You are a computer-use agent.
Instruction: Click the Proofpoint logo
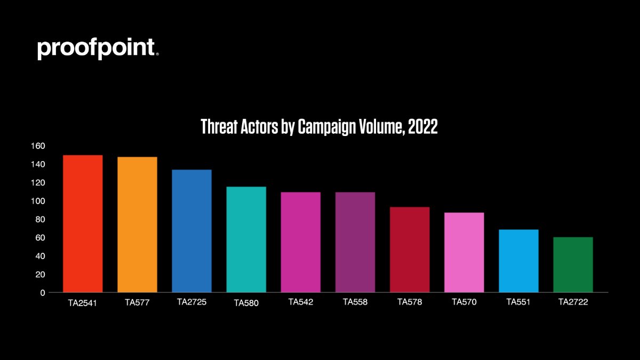point(98,49)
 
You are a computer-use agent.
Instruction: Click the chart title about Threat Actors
point(319,126)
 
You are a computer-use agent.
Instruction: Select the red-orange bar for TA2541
point(83,223)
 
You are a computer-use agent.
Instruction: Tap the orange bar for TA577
point(137,225)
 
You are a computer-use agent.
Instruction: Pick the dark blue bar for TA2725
point(191,231)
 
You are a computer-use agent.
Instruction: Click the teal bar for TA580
point(246,239)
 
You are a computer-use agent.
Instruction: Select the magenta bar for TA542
point(300,242)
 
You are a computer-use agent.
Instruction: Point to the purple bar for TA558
point(355,242)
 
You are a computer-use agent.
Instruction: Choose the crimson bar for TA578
point(409,250)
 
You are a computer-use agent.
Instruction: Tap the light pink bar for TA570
point(463,252)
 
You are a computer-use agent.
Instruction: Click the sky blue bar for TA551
point(518,261)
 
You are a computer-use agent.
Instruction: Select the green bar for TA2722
point(573,265)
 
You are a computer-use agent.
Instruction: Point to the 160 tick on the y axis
point(38,146)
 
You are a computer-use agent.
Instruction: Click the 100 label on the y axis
point(38,201)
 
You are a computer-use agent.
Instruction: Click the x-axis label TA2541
point(83,302)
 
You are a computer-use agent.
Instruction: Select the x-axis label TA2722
point(573,302)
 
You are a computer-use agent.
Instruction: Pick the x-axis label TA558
point(355,302)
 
